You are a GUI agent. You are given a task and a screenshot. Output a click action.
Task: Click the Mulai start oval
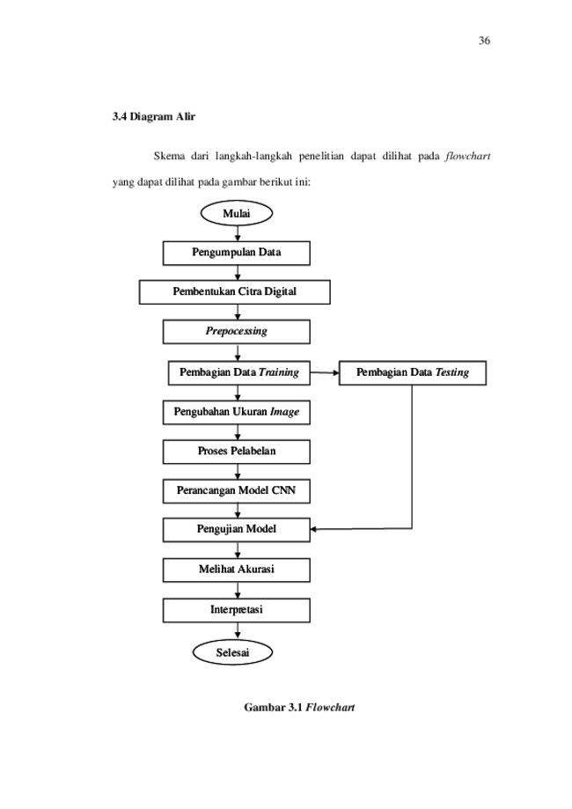pos(236,213)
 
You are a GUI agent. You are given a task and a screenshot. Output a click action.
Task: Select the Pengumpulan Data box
pos(236,253)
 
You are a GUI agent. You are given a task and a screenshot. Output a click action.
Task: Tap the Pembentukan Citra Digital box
pos(235,292)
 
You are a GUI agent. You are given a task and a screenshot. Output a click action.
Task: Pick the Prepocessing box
pos(236,332)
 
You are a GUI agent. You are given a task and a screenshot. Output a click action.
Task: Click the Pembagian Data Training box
pos(238,372)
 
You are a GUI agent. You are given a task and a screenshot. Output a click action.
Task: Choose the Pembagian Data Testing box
pos(413,372)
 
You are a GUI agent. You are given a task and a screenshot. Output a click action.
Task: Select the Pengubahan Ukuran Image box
pos(236,412)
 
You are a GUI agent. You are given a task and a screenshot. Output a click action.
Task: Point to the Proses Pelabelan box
pos(236,452)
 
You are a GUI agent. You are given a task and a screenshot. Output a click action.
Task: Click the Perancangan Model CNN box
pos(236,490)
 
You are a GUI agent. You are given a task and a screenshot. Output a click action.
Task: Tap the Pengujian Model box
pos(236,530)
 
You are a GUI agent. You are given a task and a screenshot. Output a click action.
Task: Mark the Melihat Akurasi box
pos(236,570)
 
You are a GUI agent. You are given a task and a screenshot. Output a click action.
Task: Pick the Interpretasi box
pos(236,610)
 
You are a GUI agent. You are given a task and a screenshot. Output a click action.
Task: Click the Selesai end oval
pos(232,652)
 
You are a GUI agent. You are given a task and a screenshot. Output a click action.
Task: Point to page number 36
pos(484,40)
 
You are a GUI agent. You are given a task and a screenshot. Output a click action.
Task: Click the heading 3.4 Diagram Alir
pos(154,116)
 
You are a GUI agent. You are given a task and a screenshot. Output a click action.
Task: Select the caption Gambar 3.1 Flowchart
pos(299,707)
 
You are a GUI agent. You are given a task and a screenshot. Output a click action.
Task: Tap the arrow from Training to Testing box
pos(325,372)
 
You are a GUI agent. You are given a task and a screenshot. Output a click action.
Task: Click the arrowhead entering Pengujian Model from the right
pos(313,529)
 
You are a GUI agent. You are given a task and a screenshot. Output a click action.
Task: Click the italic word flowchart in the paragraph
pos(468,156)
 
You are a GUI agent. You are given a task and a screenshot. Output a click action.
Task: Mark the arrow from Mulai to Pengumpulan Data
pos(238,234)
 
